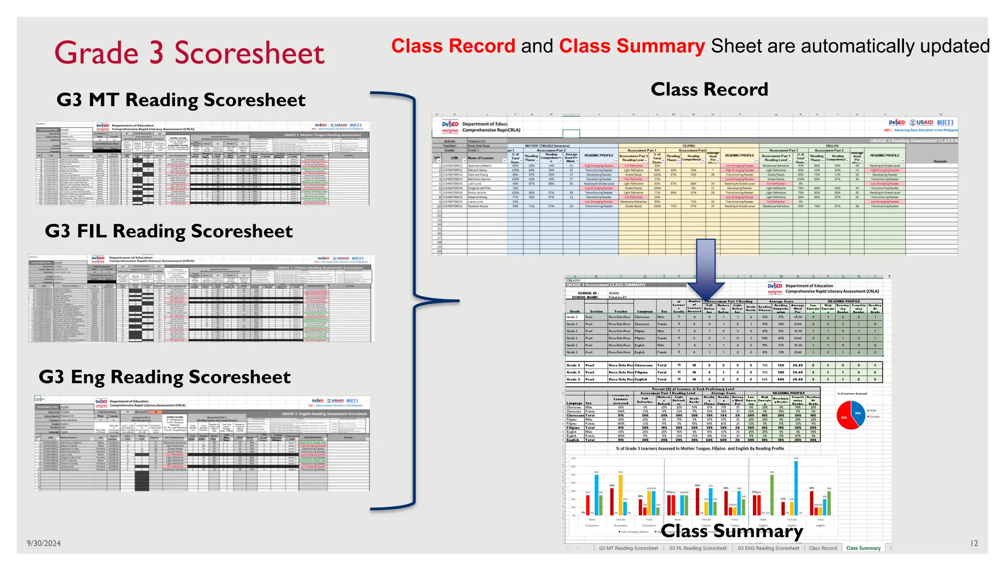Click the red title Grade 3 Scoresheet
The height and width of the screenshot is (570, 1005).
pyautogui.click(x=189, y=53)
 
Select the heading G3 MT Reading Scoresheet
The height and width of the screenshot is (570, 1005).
pyautogui.click(x=181, y=100)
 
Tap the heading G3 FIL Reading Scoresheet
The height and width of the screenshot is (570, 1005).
pyautogui.click(x=169, y=231)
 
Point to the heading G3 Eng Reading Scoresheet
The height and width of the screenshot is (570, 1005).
pyautogui.click(x=165, y=377)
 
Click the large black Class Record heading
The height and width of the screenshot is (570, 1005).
pyautogui.click(x=709, y=89)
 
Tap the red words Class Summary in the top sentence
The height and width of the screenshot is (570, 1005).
pyautogui.click(x=632, y=47)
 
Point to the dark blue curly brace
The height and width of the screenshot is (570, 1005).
pyautogui.click(x=415, y=299)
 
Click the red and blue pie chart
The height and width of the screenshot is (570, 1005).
pyautogui.click(x=851, y=415)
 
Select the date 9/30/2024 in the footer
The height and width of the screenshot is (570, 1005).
pyautogui.click(x=44, y=543)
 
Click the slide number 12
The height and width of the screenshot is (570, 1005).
pyautogui.click(x=974, y=543)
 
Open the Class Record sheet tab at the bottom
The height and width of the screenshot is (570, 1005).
pyautogui.click(x=823, y=548)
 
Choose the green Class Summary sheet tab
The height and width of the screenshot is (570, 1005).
pyautogui.click(x=863, y=548)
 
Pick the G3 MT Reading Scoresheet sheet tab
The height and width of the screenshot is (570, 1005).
pyautogui.click(x=628, y=548)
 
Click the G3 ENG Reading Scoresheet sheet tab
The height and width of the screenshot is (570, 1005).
pyautogui.click(x=768, y=548)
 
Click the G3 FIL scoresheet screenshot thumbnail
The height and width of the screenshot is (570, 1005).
pyautogui.click(x=201, y=298)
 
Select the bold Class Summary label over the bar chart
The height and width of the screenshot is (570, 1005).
pyautogui.click(x=732, y=531)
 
